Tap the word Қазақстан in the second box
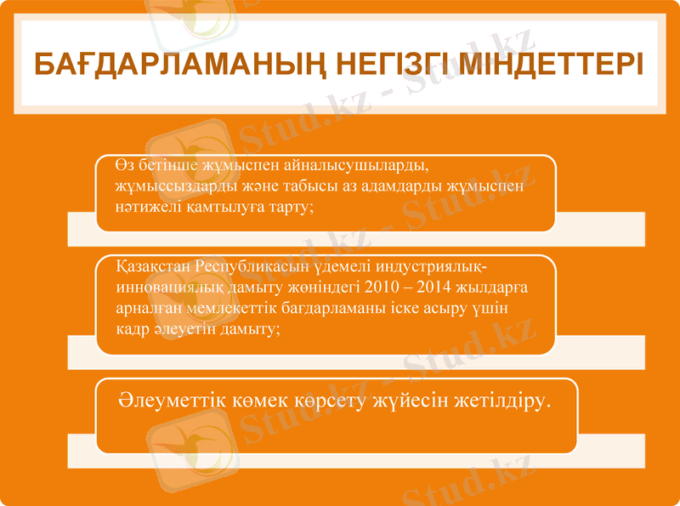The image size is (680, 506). (x=152, y=267)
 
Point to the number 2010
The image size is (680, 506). (x=381, y=287)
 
